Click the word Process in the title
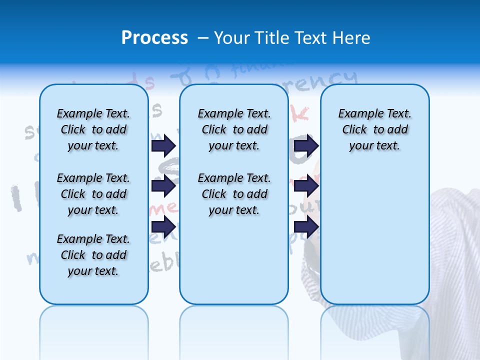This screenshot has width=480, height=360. click(x=154, y=38)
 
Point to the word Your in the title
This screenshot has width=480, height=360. click(x=232, y=38)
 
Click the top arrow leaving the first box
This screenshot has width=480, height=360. click(x=163, y=145)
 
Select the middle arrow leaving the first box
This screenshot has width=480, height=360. click(x=163, y=186)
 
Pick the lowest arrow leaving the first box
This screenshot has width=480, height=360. click(x=163, y=226)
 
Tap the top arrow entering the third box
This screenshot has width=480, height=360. click(x=306, y=145)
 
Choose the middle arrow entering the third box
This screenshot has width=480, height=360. click(x=306, y=186)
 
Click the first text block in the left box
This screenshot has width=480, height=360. click(x=93, y=129)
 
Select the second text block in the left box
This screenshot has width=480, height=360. click(x=93, y=194)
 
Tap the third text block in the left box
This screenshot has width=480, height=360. click(x=93, y=255)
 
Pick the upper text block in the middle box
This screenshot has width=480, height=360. click(x=234, y=129)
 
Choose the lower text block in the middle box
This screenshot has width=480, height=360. click(x=234, y=194)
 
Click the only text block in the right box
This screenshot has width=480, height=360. click(x=374, y=129)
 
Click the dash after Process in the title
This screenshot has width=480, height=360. click(x=203, y=38)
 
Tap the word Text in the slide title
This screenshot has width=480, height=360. click(x=309, y=38)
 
